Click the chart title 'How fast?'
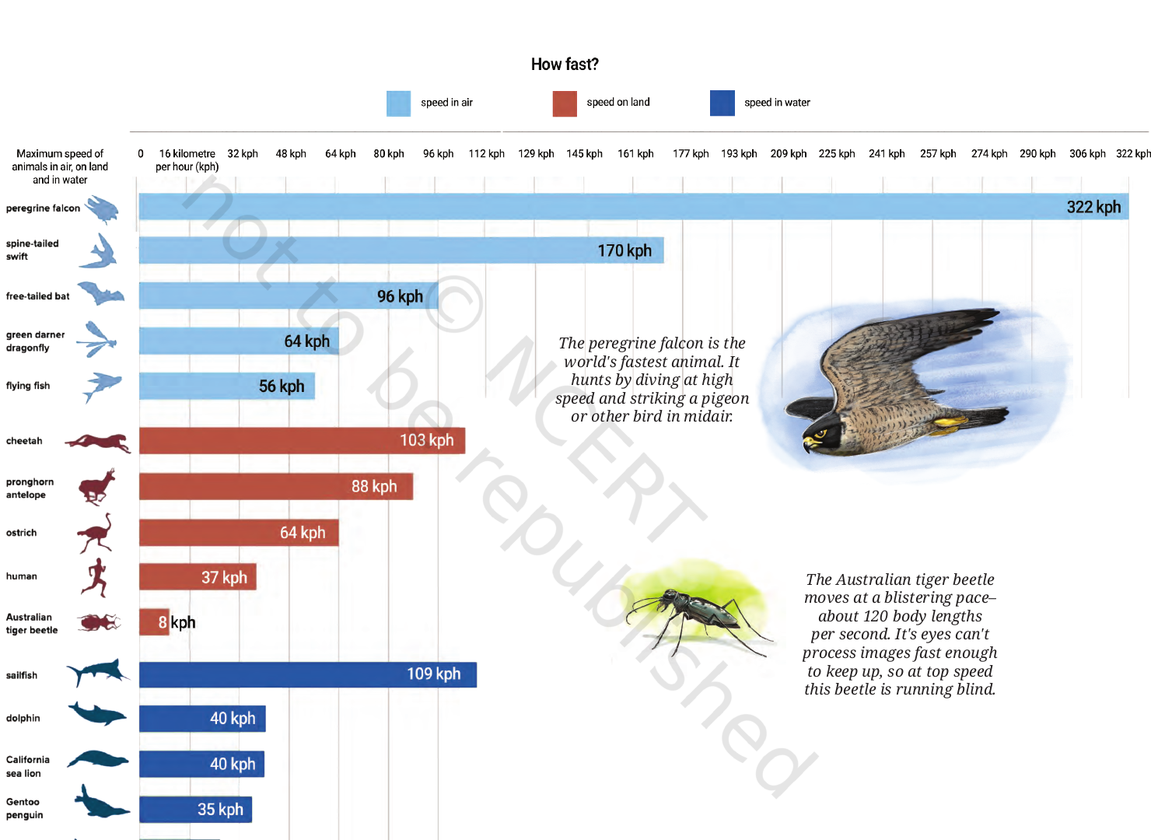565,65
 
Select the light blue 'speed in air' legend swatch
398,103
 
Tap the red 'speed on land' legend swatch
565,103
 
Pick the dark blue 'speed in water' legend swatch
722,103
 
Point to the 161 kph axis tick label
635,154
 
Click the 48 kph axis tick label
291,154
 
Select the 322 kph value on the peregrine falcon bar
1093,207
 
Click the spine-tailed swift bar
401,250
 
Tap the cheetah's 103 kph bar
302,440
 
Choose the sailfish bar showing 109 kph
308,674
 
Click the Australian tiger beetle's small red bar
154,622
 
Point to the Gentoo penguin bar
195,809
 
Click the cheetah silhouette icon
98,443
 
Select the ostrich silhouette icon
96,534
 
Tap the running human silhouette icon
96,577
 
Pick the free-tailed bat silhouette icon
101,293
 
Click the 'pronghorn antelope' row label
30,488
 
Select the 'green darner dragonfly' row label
36,341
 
